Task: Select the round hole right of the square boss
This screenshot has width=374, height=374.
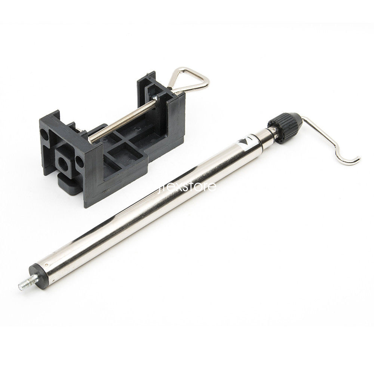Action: click(x=79, y=162)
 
